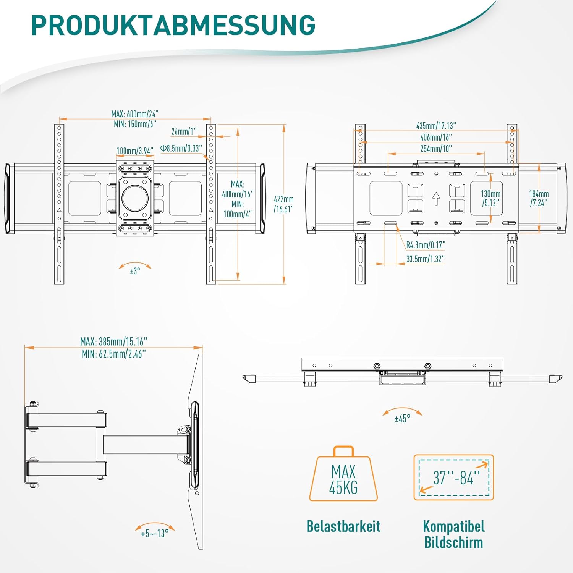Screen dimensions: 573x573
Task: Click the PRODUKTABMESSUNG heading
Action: click(x=173, y=25)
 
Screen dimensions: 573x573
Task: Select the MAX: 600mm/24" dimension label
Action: click(x=134, y=114)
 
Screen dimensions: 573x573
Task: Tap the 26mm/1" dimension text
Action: click(x=184, y=131)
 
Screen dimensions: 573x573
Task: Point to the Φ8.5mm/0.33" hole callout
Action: click(x=181, y=148)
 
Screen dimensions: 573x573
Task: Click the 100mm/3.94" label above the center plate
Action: click(x=135, y=151)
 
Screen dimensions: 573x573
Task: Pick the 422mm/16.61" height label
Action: click(x=283, y=204)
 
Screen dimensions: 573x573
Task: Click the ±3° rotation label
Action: click(x=135, y=271)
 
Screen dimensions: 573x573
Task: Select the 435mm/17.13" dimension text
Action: click(x=436, y=126)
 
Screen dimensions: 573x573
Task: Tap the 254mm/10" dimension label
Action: click(x=436, y=149)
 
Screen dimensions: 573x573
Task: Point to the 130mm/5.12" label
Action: click(x=490, y=198)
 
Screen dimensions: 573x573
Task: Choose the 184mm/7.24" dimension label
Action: click(x=539, y=198)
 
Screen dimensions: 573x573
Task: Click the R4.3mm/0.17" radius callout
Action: click(x=426, y=245)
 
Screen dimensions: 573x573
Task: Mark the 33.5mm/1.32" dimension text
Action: click(x=425, y=259)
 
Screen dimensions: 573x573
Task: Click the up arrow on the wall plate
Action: click(x=436, y=199)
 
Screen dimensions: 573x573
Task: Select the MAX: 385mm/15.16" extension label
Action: click(x=113, y=341)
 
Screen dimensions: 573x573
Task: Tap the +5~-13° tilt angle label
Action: click(x=155, y=533)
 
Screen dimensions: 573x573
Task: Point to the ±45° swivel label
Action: click(x=402, y=419)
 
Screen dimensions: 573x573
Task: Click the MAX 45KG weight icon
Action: click(x=343, y=476)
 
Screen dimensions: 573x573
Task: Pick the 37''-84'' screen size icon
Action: click(x=454, y=477)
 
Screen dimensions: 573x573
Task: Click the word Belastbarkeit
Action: click(x=343, y=526)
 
